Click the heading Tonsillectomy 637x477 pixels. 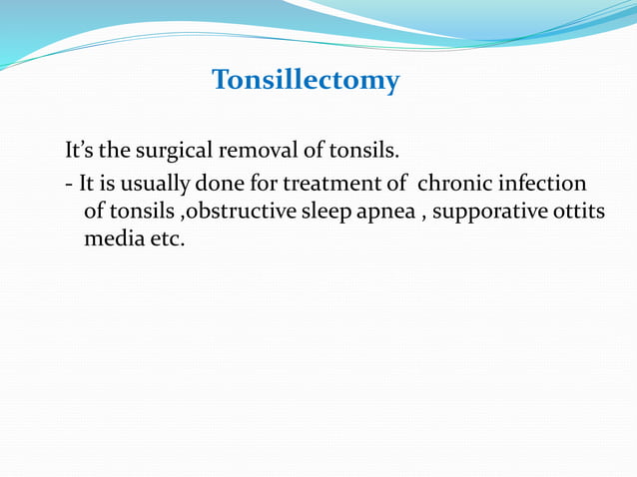click(x=306, y=80)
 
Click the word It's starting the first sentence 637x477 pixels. click(x=80, y=152)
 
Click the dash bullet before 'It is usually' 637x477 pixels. click(x=67, y=186)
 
